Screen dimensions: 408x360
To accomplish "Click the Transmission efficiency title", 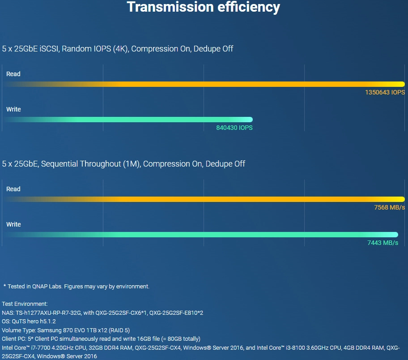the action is (203, 7).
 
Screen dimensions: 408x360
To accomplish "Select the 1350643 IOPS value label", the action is (385, 93).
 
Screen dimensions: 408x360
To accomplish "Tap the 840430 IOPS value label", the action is (234, 128).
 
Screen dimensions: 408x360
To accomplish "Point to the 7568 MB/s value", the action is (389, 208).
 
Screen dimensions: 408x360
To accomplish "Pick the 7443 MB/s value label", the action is (382, 243).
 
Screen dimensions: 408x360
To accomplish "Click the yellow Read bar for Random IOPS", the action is (204, 84).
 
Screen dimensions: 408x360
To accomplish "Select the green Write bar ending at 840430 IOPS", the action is (128, 120).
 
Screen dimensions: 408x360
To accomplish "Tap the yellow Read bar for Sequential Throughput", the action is (204, 199).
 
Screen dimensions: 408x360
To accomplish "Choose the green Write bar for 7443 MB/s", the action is (200, 235).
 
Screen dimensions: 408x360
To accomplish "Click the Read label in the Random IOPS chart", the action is (13, 74).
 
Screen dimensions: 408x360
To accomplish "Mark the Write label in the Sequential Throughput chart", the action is (13, 224).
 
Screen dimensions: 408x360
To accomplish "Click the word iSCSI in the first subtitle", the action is (49, 49).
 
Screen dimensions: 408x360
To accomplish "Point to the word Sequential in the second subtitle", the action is (59, 164).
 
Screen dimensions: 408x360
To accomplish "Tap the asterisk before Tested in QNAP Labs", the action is (4, 286).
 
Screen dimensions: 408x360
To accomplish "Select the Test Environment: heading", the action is (25, 304).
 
